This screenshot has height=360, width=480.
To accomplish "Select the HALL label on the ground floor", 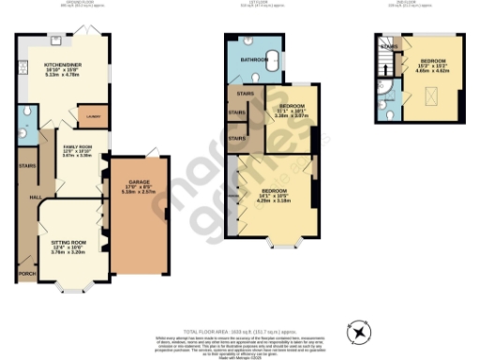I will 35,198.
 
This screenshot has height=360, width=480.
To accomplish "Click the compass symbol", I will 359,332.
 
